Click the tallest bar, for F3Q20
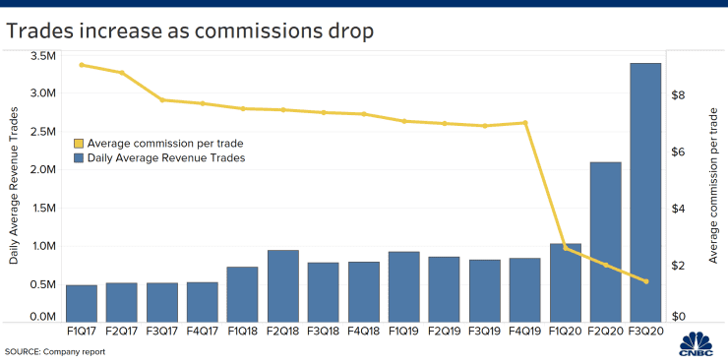(x=645, y=193)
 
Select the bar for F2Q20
(x=606, y=242)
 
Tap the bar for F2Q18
(x=283, y=286)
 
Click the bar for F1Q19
(x=404, y=287)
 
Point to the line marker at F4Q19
(x=525, y=123)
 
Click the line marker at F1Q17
(x=82, y=65)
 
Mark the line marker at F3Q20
(x=646, y=281)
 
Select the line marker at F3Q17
(x=162, y=100)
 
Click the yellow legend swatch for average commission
(x=79, y=144)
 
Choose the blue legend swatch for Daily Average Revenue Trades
(x=79, y=157)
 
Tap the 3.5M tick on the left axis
(x=43, y=56)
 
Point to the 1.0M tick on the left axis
(x=43, y=246)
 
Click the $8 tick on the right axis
(x=679, y=95)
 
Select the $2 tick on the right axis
(x=679, y=266)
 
